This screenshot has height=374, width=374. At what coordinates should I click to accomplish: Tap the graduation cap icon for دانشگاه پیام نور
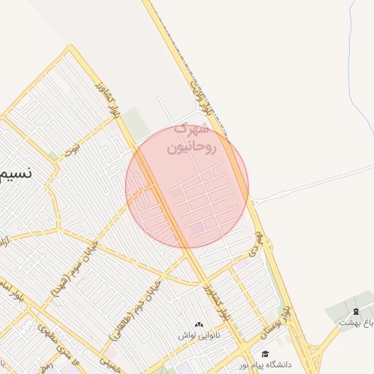pos(264,354)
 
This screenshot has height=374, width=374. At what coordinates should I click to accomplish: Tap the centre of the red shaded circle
pos(187,187)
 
